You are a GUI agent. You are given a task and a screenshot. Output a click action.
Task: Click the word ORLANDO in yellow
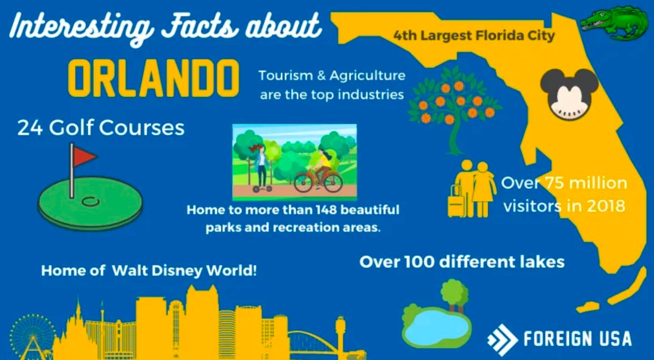tap(154, 78)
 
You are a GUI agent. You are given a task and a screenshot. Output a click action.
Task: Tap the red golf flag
tap(84, 157)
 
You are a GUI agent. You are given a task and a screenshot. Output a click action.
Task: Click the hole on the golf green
tap(90, 202)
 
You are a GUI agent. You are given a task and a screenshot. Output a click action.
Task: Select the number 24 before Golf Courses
tap(30, 128)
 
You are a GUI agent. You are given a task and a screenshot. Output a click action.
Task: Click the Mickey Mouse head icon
tap(570, 94)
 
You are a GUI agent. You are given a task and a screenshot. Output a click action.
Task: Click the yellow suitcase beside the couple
tap(456, 202)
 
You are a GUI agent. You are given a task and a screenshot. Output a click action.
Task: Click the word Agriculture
tap(367, 76)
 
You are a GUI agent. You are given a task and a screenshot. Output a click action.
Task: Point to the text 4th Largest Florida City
tap(474, 36)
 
